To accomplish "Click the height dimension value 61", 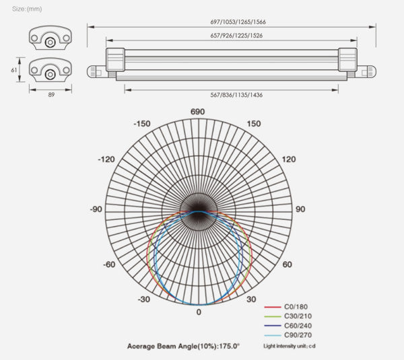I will click(x=13, y=69).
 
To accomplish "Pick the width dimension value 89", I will click(x=51, y=95).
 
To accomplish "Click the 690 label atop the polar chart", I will click(x=197, y=112).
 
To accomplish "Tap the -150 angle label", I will click(x=141, y=124).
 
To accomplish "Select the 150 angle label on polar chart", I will click(x=253, y=124).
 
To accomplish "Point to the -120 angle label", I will click(x=106, y=159).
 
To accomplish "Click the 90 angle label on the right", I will click(x=300, y=209).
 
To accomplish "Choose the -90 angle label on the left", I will click(x=96, y=209).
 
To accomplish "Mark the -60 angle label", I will click(x=108, y=264).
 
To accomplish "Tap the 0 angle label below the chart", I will click(x=198, y=313).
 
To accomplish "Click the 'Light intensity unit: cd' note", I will click(x=290, y=346).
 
